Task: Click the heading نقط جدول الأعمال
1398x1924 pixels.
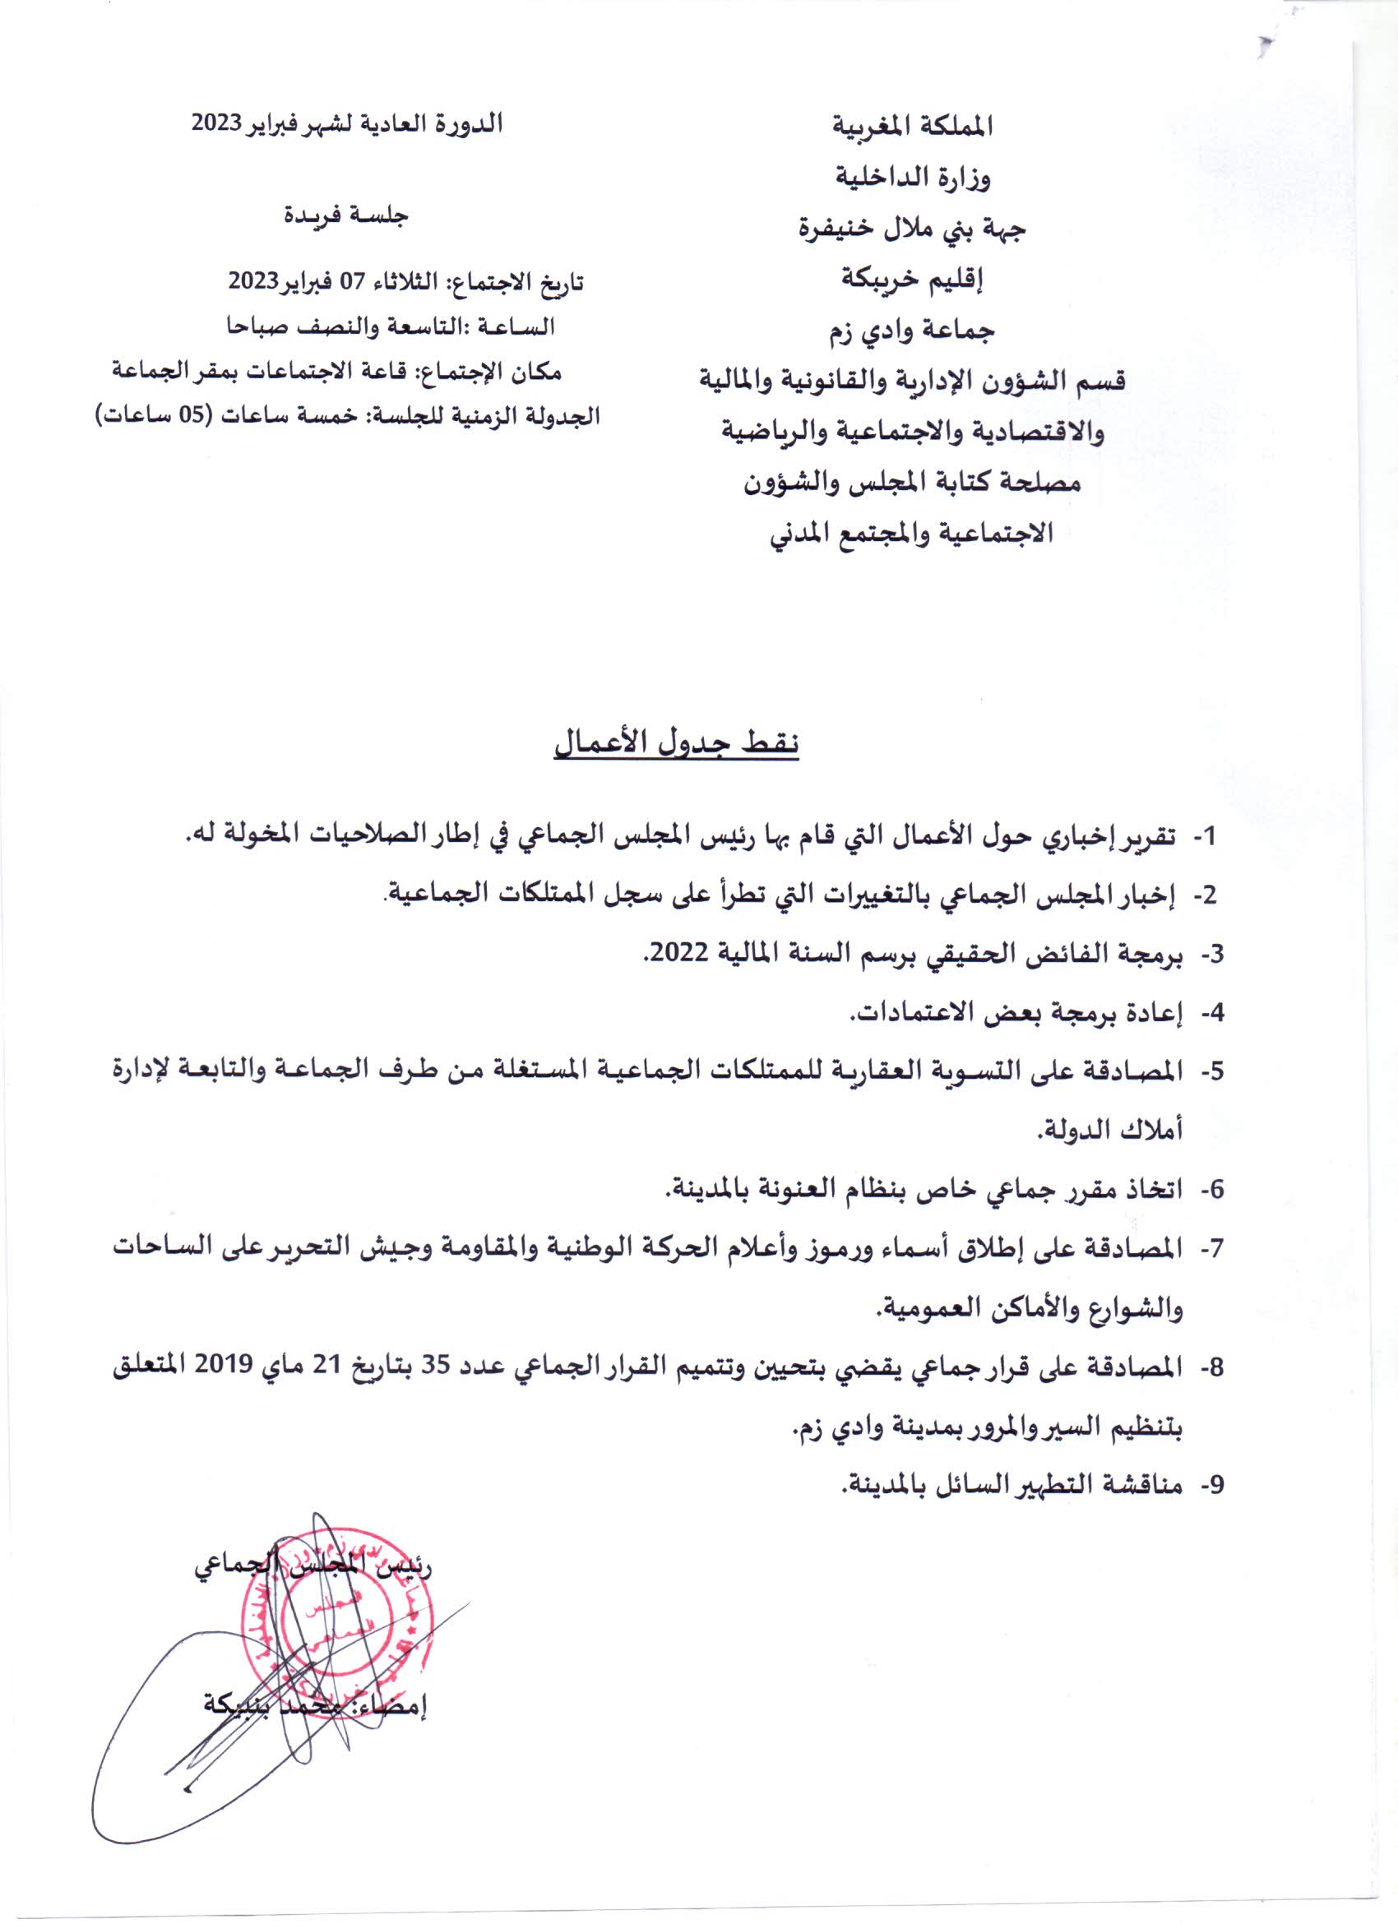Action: pyautogui.click(x=676, y=744)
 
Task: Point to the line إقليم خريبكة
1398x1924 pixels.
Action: pyautogui.click(x=913, y=279)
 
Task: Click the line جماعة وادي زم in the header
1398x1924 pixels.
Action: pyautogui.click(x=913, y=330)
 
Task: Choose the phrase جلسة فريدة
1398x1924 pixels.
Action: pyautogui.click(x=345, y=215)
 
